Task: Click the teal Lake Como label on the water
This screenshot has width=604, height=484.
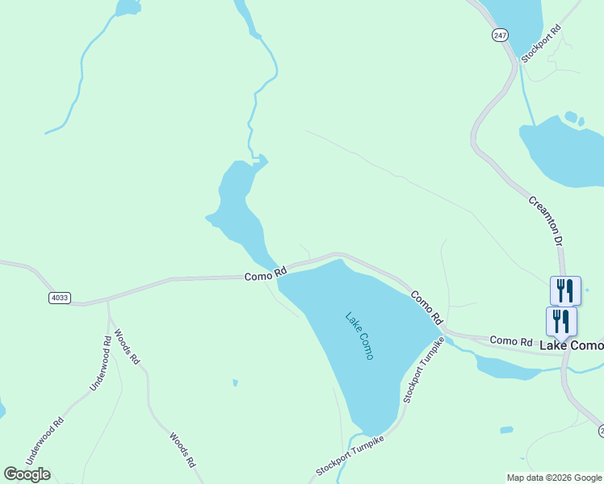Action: pos(359,336)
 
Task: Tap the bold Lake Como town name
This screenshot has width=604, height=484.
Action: pos(571,345)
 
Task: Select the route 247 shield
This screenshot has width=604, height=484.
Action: pos(500,35)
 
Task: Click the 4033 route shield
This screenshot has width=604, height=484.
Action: pos(59,298)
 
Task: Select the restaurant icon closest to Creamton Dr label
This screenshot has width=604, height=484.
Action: pos(564,290)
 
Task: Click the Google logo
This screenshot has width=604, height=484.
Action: pos(27,474)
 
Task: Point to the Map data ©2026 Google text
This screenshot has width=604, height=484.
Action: pos(555,478)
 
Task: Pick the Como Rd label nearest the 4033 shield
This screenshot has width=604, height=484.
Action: pos(266,274)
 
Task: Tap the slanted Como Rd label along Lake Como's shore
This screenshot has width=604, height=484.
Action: pos(427,308)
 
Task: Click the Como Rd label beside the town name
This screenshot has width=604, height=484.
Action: pos(512,342)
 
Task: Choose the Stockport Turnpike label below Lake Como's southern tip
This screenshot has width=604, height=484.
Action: pos(349,457)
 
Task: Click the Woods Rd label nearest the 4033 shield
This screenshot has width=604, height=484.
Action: pos(127,347)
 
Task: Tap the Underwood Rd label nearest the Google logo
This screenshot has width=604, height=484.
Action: pos(44,440)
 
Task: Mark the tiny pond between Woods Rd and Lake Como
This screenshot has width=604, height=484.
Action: pos(234,382)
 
